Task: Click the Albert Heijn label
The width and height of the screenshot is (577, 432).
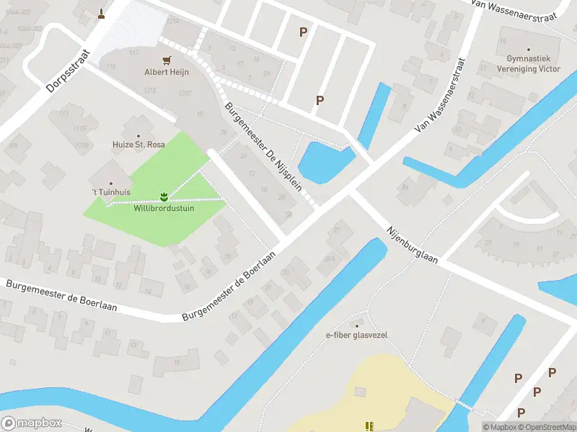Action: (x=167, y=73)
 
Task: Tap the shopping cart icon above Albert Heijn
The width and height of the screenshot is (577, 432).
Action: (x=167, y=60)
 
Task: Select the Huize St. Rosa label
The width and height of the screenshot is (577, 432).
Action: (x=138, y=145)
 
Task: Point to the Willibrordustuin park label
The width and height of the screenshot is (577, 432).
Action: (x=164, y=208)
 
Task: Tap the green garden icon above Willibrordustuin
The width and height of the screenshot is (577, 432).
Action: (x=164, y=196)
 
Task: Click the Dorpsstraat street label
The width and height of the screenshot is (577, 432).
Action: (x=66, y=71)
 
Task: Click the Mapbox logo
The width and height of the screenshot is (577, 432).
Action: (x=32, y=423)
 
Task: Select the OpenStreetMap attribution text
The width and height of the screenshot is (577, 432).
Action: (x=545, y=428)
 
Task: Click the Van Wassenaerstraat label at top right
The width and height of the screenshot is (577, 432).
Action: (x=514, y=11)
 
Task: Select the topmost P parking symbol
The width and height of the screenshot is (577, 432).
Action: (x=303, y=32)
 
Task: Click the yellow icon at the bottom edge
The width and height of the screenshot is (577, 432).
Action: (x=369, y=426)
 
